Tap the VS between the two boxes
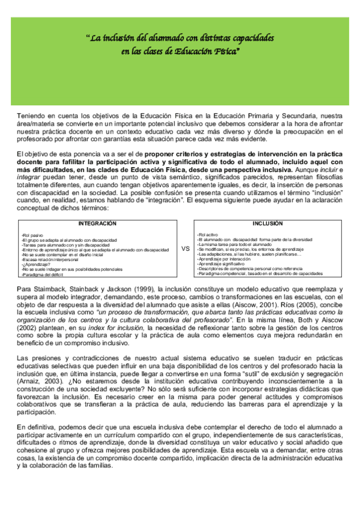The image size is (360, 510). tap(185, 247)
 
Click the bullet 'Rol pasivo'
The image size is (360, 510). tap(32, 235)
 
